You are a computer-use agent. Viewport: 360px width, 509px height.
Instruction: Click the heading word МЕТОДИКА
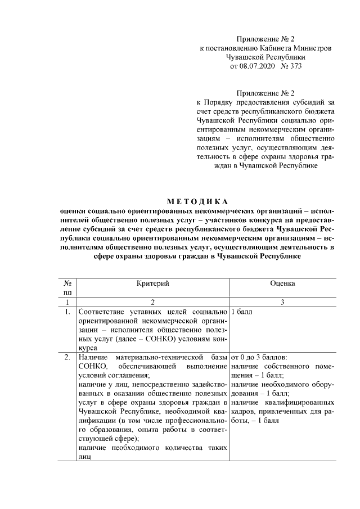pyautogui.click(x=197, y=201)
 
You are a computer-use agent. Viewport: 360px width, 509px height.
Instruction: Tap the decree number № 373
pyautogui.click(x=292, y=67)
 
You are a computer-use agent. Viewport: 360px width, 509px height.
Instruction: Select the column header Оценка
pyautogui.click(x=282, y=284)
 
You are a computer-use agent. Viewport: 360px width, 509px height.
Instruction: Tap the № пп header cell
pyautogui.click(x=67, y=288)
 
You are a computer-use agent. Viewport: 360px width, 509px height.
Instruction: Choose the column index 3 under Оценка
pyautogui.click(x=282, y=302)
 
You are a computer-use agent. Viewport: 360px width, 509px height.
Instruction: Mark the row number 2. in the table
pyautogui.click(x=67, y=357)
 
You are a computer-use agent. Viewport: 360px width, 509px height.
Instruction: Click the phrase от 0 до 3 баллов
pyautogui.click(x=259, y=357)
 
